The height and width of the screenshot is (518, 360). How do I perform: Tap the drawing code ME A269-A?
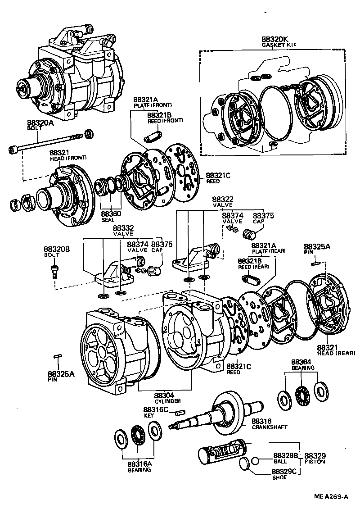tap(331, 497)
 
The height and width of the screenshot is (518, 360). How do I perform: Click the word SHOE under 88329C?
tap(279, 478)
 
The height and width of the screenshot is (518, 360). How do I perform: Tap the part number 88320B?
tap(57, 249)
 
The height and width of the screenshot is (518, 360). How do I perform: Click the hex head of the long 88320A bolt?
tap(12, 149)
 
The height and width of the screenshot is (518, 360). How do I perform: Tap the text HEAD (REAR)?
tap(336, 353)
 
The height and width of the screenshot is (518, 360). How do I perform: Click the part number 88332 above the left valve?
tap(123, 228)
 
